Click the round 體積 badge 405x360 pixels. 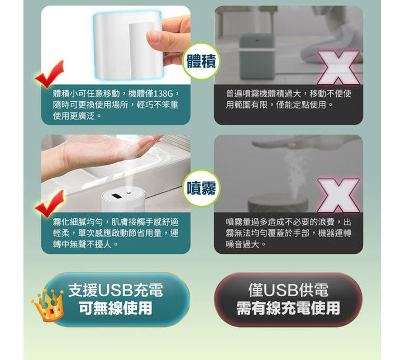coord(202,61)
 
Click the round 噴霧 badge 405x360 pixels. coord(202,188)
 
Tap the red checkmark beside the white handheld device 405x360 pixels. coord(50,74)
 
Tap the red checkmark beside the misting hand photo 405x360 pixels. coord(50,203)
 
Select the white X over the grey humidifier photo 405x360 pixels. coord(339,68)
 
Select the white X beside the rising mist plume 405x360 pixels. coord(339,195)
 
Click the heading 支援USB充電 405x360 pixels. coord(116,290)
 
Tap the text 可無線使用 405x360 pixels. coord(116,308)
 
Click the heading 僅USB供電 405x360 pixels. coord(288,290)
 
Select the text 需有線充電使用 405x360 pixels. coord(288,308)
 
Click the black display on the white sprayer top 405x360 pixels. coord(117,196)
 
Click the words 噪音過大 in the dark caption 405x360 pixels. coord(242,244)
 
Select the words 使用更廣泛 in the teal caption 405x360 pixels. coord(74,116)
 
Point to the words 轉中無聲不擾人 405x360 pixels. coord(82,244)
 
